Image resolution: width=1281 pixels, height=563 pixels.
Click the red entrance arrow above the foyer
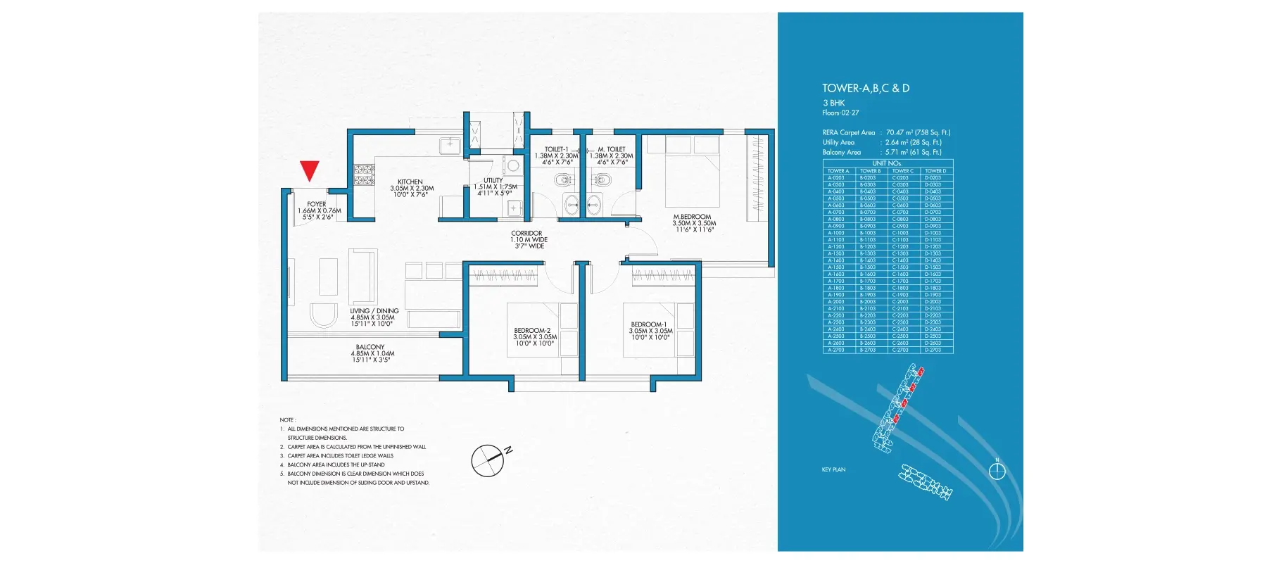310,170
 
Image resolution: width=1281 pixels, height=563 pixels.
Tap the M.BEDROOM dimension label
694,223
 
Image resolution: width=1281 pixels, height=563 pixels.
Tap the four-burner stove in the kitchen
363,175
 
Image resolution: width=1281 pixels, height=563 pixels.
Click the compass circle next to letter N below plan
487,462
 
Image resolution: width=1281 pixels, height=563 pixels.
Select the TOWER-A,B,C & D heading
865,88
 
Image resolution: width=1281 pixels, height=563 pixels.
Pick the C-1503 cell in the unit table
900,267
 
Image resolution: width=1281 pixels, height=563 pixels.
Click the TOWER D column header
935,171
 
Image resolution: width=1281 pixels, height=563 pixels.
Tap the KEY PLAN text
833,469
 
